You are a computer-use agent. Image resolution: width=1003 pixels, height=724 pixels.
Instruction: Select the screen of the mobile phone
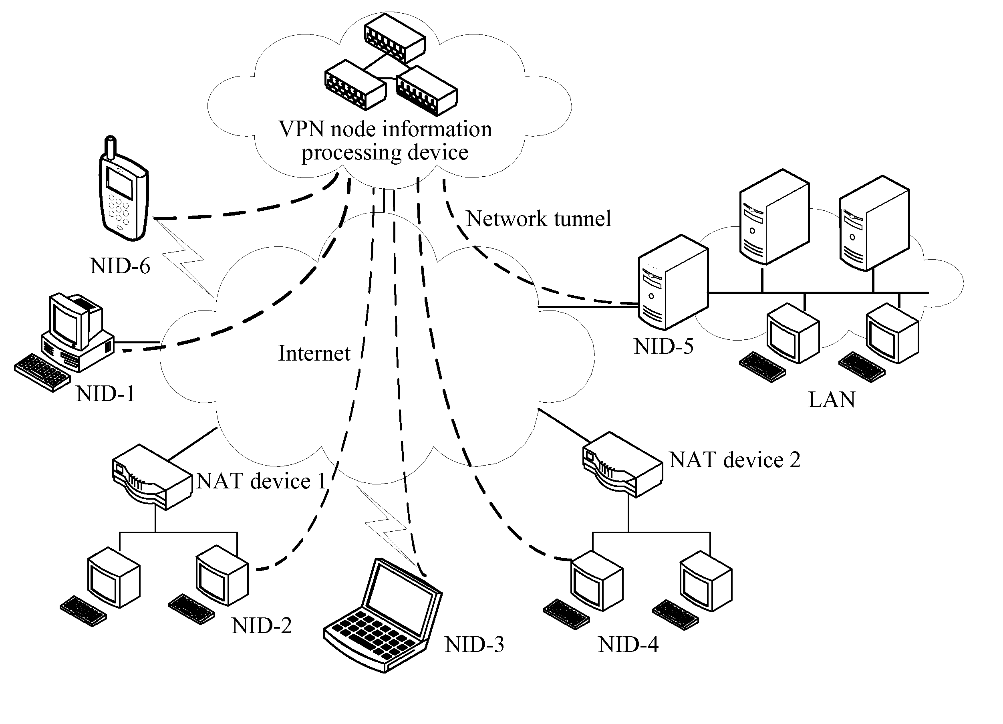119,183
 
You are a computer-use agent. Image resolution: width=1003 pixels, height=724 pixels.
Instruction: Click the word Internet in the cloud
314,353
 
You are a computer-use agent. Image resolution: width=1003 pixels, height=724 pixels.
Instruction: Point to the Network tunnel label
539,218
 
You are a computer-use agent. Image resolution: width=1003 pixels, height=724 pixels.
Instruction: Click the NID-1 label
105,393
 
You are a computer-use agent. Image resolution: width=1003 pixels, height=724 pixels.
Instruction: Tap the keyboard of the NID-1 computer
42,372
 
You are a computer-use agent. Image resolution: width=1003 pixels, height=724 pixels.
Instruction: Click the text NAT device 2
735,460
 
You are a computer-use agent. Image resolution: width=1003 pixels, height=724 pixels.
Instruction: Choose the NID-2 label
261,626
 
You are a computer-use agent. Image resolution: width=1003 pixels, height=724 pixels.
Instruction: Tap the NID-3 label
474,645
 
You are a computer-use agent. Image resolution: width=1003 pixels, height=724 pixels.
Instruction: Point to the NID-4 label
628,645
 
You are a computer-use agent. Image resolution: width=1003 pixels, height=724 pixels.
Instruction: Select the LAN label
832,400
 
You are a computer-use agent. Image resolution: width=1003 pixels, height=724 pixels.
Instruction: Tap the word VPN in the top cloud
302,129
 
